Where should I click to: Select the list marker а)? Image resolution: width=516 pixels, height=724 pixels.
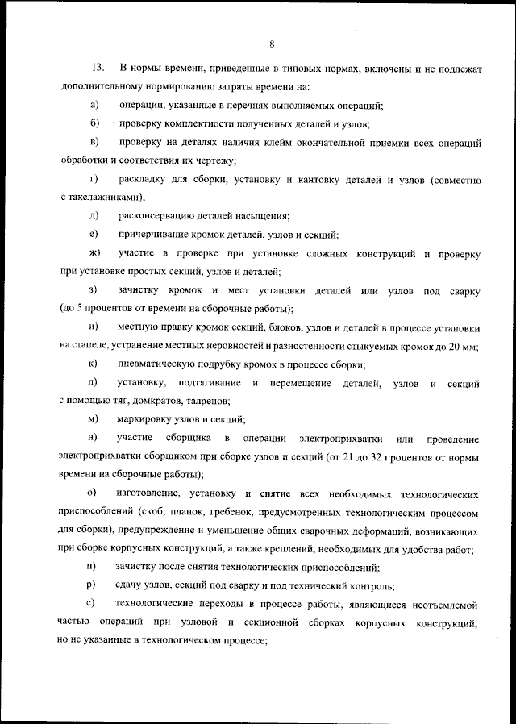tap(94, 106)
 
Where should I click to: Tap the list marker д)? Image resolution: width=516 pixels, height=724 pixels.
tap(94, 215)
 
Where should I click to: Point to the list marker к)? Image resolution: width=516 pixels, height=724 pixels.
tap(94, 364)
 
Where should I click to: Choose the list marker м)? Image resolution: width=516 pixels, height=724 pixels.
tap(94, 419)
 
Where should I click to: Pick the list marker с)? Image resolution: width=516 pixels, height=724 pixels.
tap(94, 604)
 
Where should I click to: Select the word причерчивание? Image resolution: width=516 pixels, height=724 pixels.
tap(155, 235)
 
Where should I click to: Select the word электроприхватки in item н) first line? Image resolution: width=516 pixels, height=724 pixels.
tap(339, 438)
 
